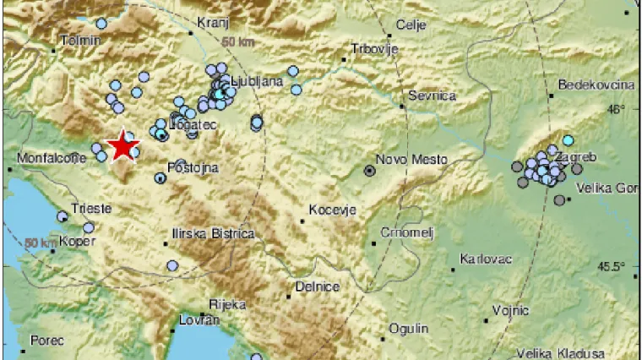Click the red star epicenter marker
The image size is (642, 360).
124,146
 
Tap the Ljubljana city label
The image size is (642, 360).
258,82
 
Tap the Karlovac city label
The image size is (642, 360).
486,258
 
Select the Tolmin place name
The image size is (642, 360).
81,41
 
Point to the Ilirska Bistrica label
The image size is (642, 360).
211,232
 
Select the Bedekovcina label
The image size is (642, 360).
596,85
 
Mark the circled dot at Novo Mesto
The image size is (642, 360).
369,171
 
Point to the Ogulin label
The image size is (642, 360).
409,328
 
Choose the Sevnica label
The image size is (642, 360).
432,95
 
